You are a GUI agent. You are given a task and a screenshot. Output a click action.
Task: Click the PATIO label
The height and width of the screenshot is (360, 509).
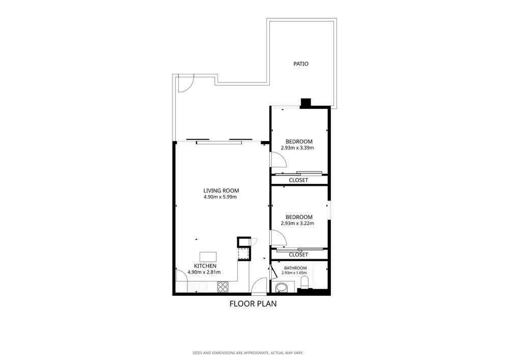click(x=301, y=64)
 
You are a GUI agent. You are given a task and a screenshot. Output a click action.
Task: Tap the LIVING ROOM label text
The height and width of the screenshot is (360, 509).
click(x=221, y=191)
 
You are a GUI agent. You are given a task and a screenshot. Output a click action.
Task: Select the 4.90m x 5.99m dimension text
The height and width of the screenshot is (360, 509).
click(x=220, y=197)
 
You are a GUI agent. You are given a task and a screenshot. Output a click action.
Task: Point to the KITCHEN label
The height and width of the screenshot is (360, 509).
click(x=205, y=266)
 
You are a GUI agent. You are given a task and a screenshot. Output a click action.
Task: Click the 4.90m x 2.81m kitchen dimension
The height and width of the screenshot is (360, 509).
click(x=204, y=272)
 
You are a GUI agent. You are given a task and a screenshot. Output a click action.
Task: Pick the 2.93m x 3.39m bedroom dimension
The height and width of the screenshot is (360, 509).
click(x=297, y=148)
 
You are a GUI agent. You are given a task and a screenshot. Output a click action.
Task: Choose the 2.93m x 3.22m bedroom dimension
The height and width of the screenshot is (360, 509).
click(x=297, y=224)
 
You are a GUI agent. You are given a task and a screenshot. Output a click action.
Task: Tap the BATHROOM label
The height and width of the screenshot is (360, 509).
click(x=295, y=268)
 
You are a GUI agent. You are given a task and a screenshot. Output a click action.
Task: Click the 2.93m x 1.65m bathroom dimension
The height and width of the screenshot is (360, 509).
click(x=294, y=273)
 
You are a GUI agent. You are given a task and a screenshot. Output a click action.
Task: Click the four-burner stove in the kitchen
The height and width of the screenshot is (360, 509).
click(x=223, y=287)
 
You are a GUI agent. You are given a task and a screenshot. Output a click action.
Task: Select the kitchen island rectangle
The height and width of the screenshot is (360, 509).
click(x=208, y=257)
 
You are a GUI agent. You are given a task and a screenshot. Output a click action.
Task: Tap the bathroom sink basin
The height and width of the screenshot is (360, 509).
click(x=281, y=287)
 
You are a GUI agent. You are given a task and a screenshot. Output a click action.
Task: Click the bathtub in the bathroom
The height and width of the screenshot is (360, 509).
click(x=320, y=276)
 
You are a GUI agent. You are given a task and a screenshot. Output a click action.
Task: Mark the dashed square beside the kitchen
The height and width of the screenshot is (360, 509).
click(x=243, y=254)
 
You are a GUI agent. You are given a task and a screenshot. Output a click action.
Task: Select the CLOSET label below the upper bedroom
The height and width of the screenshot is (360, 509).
click(x=298, y=180)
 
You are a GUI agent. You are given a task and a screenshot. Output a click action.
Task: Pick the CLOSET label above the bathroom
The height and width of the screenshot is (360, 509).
click(x=298, y=255)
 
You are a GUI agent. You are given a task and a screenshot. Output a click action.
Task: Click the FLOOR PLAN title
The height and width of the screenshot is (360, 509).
click(x=253, y=304)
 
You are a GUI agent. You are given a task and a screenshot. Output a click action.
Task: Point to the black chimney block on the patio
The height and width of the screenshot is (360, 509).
click(x=306, y=103)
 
